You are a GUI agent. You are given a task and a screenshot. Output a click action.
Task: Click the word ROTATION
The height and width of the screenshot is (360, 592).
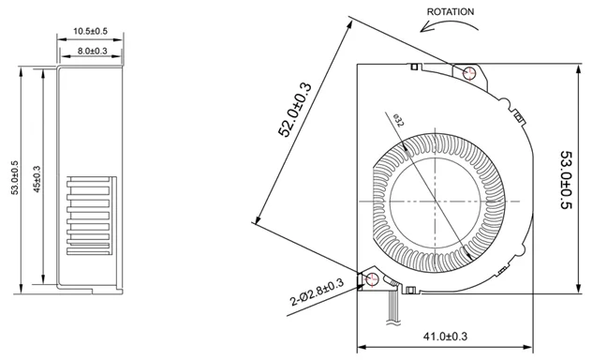click(450, 11)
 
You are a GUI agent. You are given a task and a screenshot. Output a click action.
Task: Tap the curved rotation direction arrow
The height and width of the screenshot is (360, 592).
click(450, 22)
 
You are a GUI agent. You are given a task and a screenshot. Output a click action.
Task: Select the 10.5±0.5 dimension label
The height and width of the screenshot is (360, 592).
click(90, 31)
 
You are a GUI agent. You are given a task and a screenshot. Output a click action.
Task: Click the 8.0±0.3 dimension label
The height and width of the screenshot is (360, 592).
click(93, 51)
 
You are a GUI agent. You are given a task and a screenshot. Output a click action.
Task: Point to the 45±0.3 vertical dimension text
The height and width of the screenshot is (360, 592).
click(37, 179)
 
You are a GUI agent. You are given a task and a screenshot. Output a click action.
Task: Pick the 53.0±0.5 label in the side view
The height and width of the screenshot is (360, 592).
click(15, 177)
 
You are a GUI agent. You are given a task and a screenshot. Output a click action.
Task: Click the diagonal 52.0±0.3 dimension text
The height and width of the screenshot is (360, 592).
click(295, 110)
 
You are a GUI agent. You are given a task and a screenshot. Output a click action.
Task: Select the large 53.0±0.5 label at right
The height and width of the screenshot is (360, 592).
click(567, 180)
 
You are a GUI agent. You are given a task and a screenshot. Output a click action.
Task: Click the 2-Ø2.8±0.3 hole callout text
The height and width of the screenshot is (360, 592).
click(317, 292)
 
